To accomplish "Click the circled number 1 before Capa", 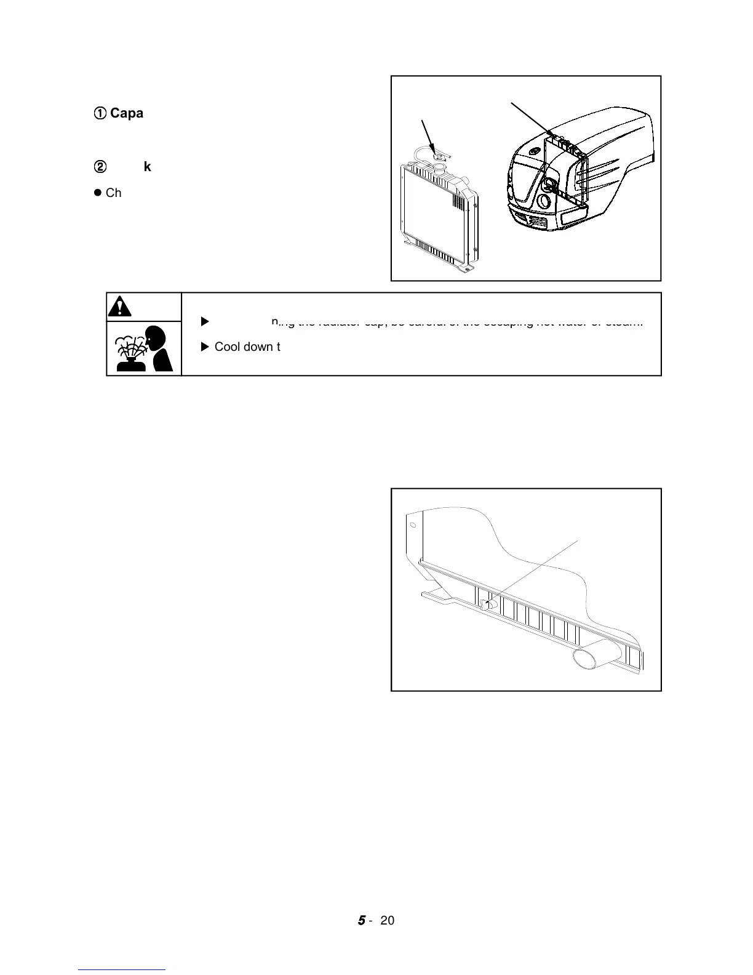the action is coord(100,113).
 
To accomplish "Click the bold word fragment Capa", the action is coord(127,113).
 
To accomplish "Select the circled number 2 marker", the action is coord(100,167).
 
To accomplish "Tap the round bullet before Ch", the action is coord(97,193).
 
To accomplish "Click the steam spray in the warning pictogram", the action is coord(131,348).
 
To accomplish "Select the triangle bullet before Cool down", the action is coord(205,347).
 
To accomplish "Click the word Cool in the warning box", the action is coord(227,347).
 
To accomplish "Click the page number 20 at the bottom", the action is coord(388,920).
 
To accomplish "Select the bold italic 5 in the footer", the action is coord(361,920).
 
